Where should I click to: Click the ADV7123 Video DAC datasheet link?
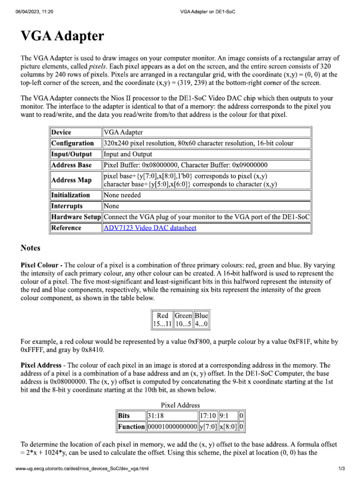click(150, 228)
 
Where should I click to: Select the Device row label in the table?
click(61, 133)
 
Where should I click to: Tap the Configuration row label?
click(73, 143)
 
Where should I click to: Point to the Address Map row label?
click(72, 180)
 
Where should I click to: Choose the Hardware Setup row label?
click(75, 217)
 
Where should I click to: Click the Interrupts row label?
click(67, 206)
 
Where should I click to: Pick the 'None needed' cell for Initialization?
click(122, 195)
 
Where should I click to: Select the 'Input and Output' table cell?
click(127, 154)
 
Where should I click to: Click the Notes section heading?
click(30, 248)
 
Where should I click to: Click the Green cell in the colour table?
click(183, 316)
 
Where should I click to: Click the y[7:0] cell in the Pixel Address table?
click(208, 427)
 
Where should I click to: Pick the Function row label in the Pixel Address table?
click(131, 427)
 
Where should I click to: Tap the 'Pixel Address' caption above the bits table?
click(180, 405)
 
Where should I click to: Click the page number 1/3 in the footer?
click(341, 469)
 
